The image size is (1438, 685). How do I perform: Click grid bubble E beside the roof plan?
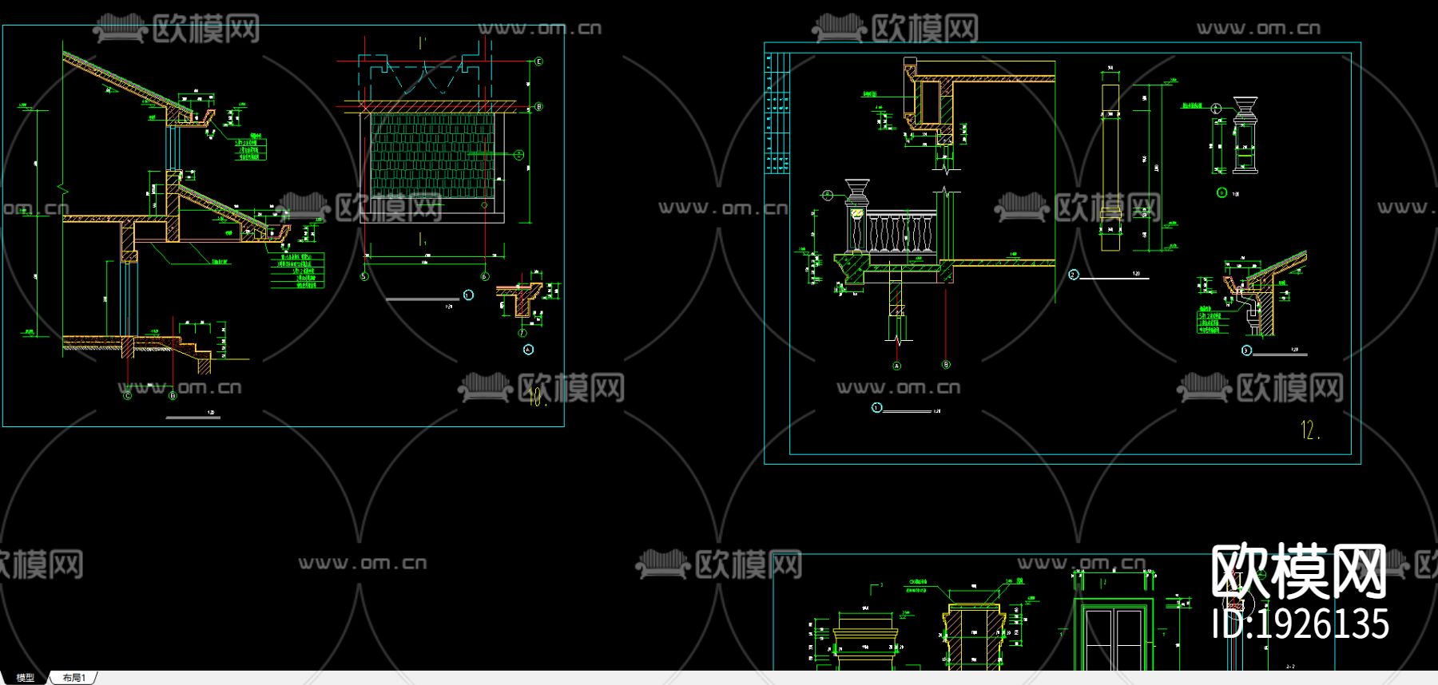[x=539, y=61]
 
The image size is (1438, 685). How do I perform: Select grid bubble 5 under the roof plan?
[x=365, y=277]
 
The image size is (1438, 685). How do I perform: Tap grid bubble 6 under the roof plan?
[x=485, y=277]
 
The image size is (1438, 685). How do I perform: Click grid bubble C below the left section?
[x=127, y=395]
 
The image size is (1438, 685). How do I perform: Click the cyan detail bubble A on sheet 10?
[x=528, y=350]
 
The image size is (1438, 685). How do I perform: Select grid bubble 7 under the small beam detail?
[x=523, y=333]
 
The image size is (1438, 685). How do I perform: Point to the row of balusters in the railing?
[x=901, y=232]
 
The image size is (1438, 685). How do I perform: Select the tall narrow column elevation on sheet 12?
[x=1110, y=160]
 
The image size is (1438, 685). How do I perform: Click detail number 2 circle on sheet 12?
[x=1074, y=275]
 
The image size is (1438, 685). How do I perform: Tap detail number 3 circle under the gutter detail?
[x=1246, y=350]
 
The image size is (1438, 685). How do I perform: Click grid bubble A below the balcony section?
[x=896, y=366]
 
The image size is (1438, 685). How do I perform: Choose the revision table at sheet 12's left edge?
[x=777, y=112]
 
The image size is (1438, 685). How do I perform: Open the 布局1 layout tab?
[x=73, y=678]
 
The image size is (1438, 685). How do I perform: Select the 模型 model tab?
[x=26, y=678]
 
